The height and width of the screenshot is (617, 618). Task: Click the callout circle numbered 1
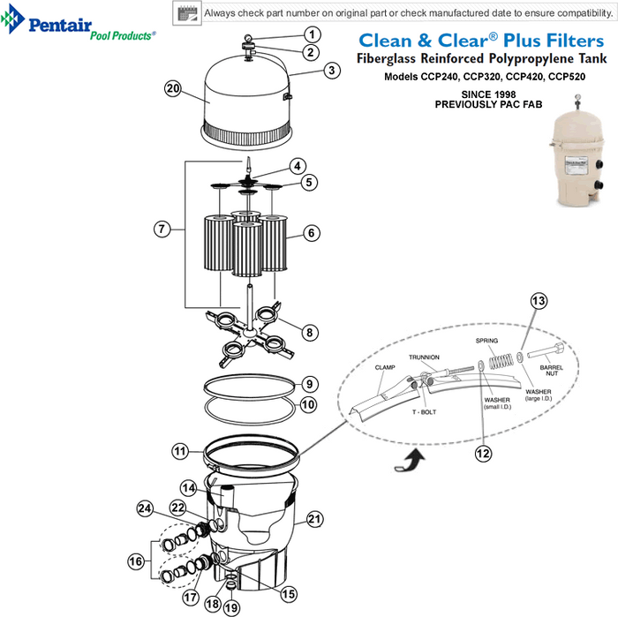coord(313,34)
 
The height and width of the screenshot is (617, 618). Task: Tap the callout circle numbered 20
coord(173,88)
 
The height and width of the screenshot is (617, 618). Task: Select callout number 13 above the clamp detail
coord(539,301)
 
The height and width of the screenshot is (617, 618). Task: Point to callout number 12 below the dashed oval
coord(483,454)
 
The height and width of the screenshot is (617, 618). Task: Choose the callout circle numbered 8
coord(309,333)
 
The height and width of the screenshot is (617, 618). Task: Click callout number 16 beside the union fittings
coord(136,561)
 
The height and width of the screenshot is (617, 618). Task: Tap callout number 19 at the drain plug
coord(231,607)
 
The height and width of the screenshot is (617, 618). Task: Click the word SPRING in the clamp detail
coord(486,341)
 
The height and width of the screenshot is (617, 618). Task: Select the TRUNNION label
coord(424,357)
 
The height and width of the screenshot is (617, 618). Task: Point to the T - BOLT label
coord(425,412)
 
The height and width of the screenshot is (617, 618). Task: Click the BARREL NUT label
coord(552,371)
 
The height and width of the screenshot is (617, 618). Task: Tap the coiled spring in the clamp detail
coord(501,361)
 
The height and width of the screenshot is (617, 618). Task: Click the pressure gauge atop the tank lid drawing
coord(249,38)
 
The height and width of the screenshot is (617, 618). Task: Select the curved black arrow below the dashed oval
coord(411,461)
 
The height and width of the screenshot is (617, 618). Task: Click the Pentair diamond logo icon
coord(12,19)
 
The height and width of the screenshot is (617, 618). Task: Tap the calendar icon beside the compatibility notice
coord(187,13)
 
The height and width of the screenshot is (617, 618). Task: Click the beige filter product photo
coord(577,151)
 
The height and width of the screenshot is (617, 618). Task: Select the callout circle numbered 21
coord(314,519)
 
